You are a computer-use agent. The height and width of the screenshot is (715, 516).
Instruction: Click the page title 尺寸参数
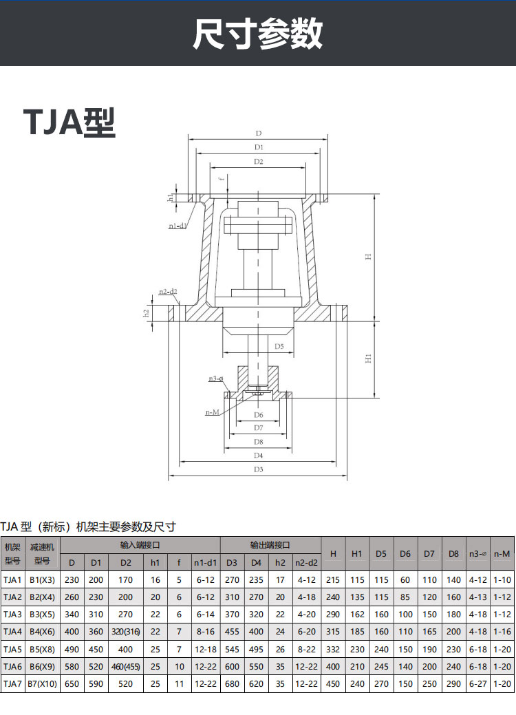pos(257,33)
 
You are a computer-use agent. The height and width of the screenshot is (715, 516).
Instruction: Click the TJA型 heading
pos(69,122)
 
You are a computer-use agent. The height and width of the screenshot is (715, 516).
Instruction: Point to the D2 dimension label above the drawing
pos(259,162)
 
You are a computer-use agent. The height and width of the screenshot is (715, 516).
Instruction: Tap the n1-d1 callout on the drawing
pos(178,226)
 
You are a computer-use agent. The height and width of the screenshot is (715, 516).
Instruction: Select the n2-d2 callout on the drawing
pos(168,291)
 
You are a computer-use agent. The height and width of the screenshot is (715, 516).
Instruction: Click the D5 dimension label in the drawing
pos(279,346)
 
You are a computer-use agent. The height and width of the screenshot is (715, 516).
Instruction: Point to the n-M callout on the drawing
pos(212,412)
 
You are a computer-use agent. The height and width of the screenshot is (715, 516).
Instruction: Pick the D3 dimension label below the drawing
pos(259,469)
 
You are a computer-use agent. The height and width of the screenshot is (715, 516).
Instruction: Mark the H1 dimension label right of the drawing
pos(368,359)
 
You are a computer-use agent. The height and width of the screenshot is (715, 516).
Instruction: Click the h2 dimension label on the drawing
pos(147,313)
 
